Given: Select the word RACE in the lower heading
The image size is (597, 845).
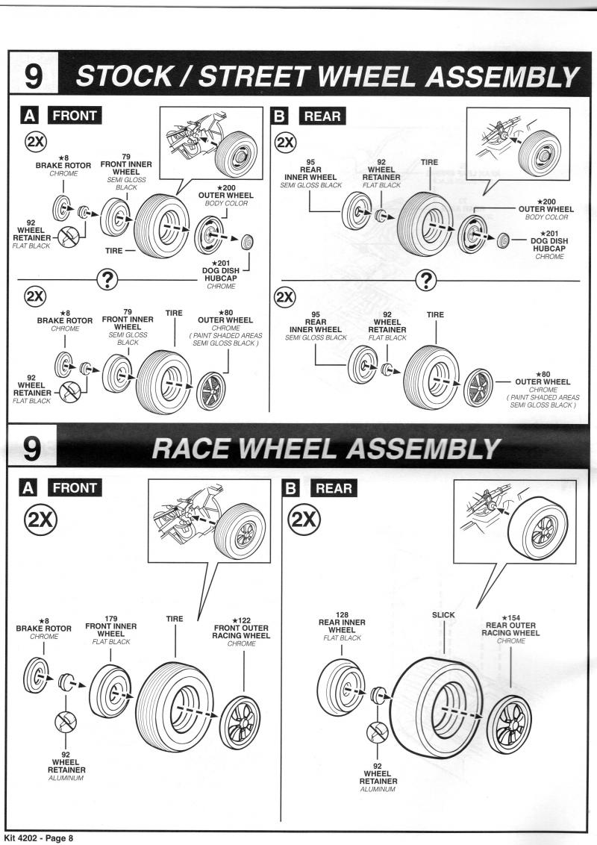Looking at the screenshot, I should click(x=193, y=448).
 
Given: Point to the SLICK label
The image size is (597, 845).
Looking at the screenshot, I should click(x=443, y=615).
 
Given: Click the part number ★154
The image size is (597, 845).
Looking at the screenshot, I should click(x=511, y=618).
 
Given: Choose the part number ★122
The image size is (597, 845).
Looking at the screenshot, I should click(x=243, y=620).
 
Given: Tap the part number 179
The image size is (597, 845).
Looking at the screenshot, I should click(x=110, y=618).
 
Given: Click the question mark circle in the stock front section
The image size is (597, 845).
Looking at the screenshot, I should click(x=109, y=280).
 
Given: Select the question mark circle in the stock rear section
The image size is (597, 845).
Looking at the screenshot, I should click(x=426, y=280).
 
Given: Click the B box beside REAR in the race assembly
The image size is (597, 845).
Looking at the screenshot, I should click(x=293, y=488).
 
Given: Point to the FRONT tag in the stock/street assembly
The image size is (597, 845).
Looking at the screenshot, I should click(x=72, y=116).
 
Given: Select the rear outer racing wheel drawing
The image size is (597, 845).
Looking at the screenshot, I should click(x=509, y=723).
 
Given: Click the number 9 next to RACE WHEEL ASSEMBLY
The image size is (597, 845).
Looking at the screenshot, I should click(x=34, y=448).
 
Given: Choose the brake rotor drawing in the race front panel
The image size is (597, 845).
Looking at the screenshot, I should click(x=37, y=676).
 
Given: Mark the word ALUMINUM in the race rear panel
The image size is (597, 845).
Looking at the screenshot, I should click(x=378, y=789).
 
